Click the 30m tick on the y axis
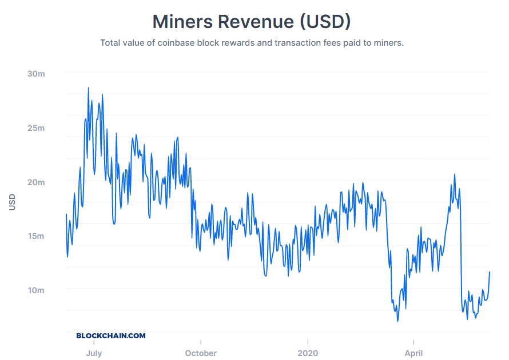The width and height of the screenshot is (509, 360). (x=35, y=74)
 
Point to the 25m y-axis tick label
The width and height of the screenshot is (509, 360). (x=35, y=128)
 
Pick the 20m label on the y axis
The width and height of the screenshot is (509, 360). (x=35, y=182)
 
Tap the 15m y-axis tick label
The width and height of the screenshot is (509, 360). (x=35, y=236)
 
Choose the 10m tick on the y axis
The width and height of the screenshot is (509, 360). (x=35, y=290)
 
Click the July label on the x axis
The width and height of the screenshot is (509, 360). (x=94, y=353)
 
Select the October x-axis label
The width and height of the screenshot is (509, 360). (x=201, y=353)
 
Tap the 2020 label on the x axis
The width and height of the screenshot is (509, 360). (x=307, y=353)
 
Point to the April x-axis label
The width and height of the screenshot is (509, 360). (x=413, y=353)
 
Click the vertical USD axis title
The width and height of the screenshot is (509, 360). (x=12, y=202)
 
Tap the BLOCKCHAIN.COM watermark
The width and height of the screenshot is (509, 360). (x=111, y=336)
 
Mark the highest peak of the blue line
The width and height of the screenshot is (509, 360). (x=88, y=88)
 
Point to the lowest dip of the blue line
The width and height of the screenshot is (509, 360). (x=397, y=321)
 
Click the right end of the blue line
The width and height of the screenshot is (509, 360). (x=490, y=272)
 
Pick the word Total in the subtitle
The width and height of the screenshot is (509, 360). (x=111, y=43)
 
